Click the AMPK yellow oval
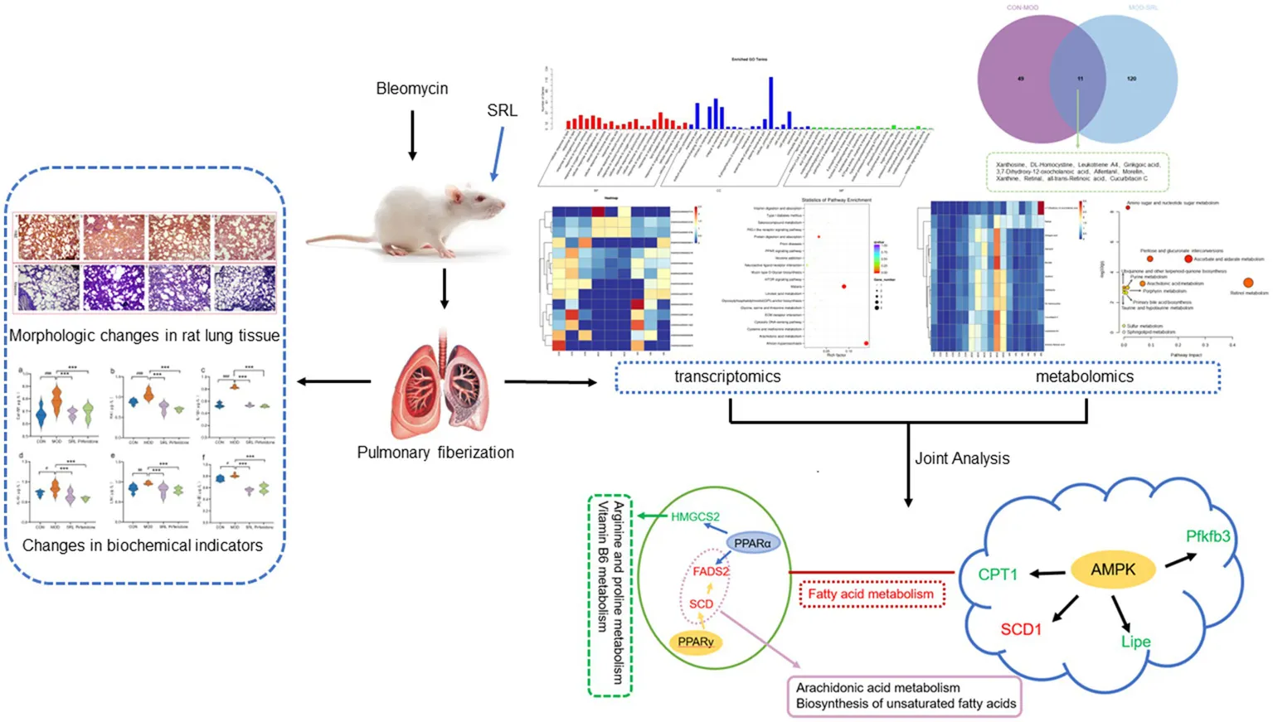pyautogui.click(x=1113, y=569)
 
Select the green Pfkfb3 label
pyautogui.click(x=1207, y=536)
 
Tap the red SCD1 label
pyautogui.click(x=1020, y=629)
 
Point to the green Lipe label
pyautogui.click(x=1135, y=642)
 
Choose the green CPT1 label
pyautogui.click(x=997, y=574)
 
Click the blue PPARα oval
pyautogui.click(x=752, y=544)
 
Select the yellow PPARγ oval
pyautogui.click(x=695, y=642)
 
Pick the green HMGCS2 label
pyautogui.click(x=695, y=516)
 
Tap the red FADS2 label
pyautogui.click(x=711, y=571)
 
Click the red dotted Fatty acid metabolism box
pyautogui.click(x=871, y=594)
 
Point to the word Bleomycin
pyautogui.click(x=411, y=89)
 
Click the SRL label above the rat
pyautogui.click(x=502, y=110)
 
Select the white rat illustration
pyautogui.click(x=406, y=220)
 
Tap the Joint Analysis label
pyautogui.click(x=962, y=458)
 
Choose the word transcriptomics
pyautogui.click(x=727, y=377)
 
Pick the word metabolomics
pyautogui.click(x=1084, y=377)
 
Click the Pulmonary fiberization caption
pyautogui.click(x=435, y=453)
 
